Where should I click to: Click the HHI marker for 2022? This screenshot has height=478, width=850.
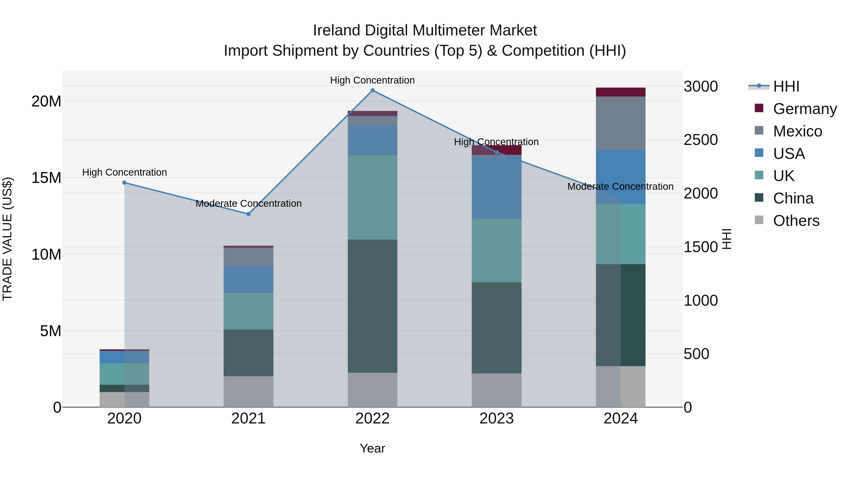(373, 90)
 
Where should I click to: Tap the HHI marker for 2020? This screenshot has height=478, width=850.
(124, 183)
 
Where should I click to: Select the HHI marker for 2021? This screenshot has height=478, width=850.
(248, 214)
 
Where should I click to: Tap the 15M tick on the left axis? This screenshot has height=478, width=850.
(46, 178)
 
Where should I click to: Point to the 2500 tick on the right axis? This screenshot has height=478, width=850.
(701, 140)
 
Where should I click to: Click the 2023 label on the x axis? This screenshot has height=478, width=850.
(497, 419)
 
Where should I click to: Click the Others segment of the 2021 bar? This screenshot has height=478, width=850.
(248, 392)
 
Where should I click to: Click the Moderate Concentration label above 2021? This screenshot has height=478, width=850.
(248, 203)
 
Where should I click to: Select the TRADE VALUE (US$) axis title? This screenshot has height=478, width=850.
(7, 239)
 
